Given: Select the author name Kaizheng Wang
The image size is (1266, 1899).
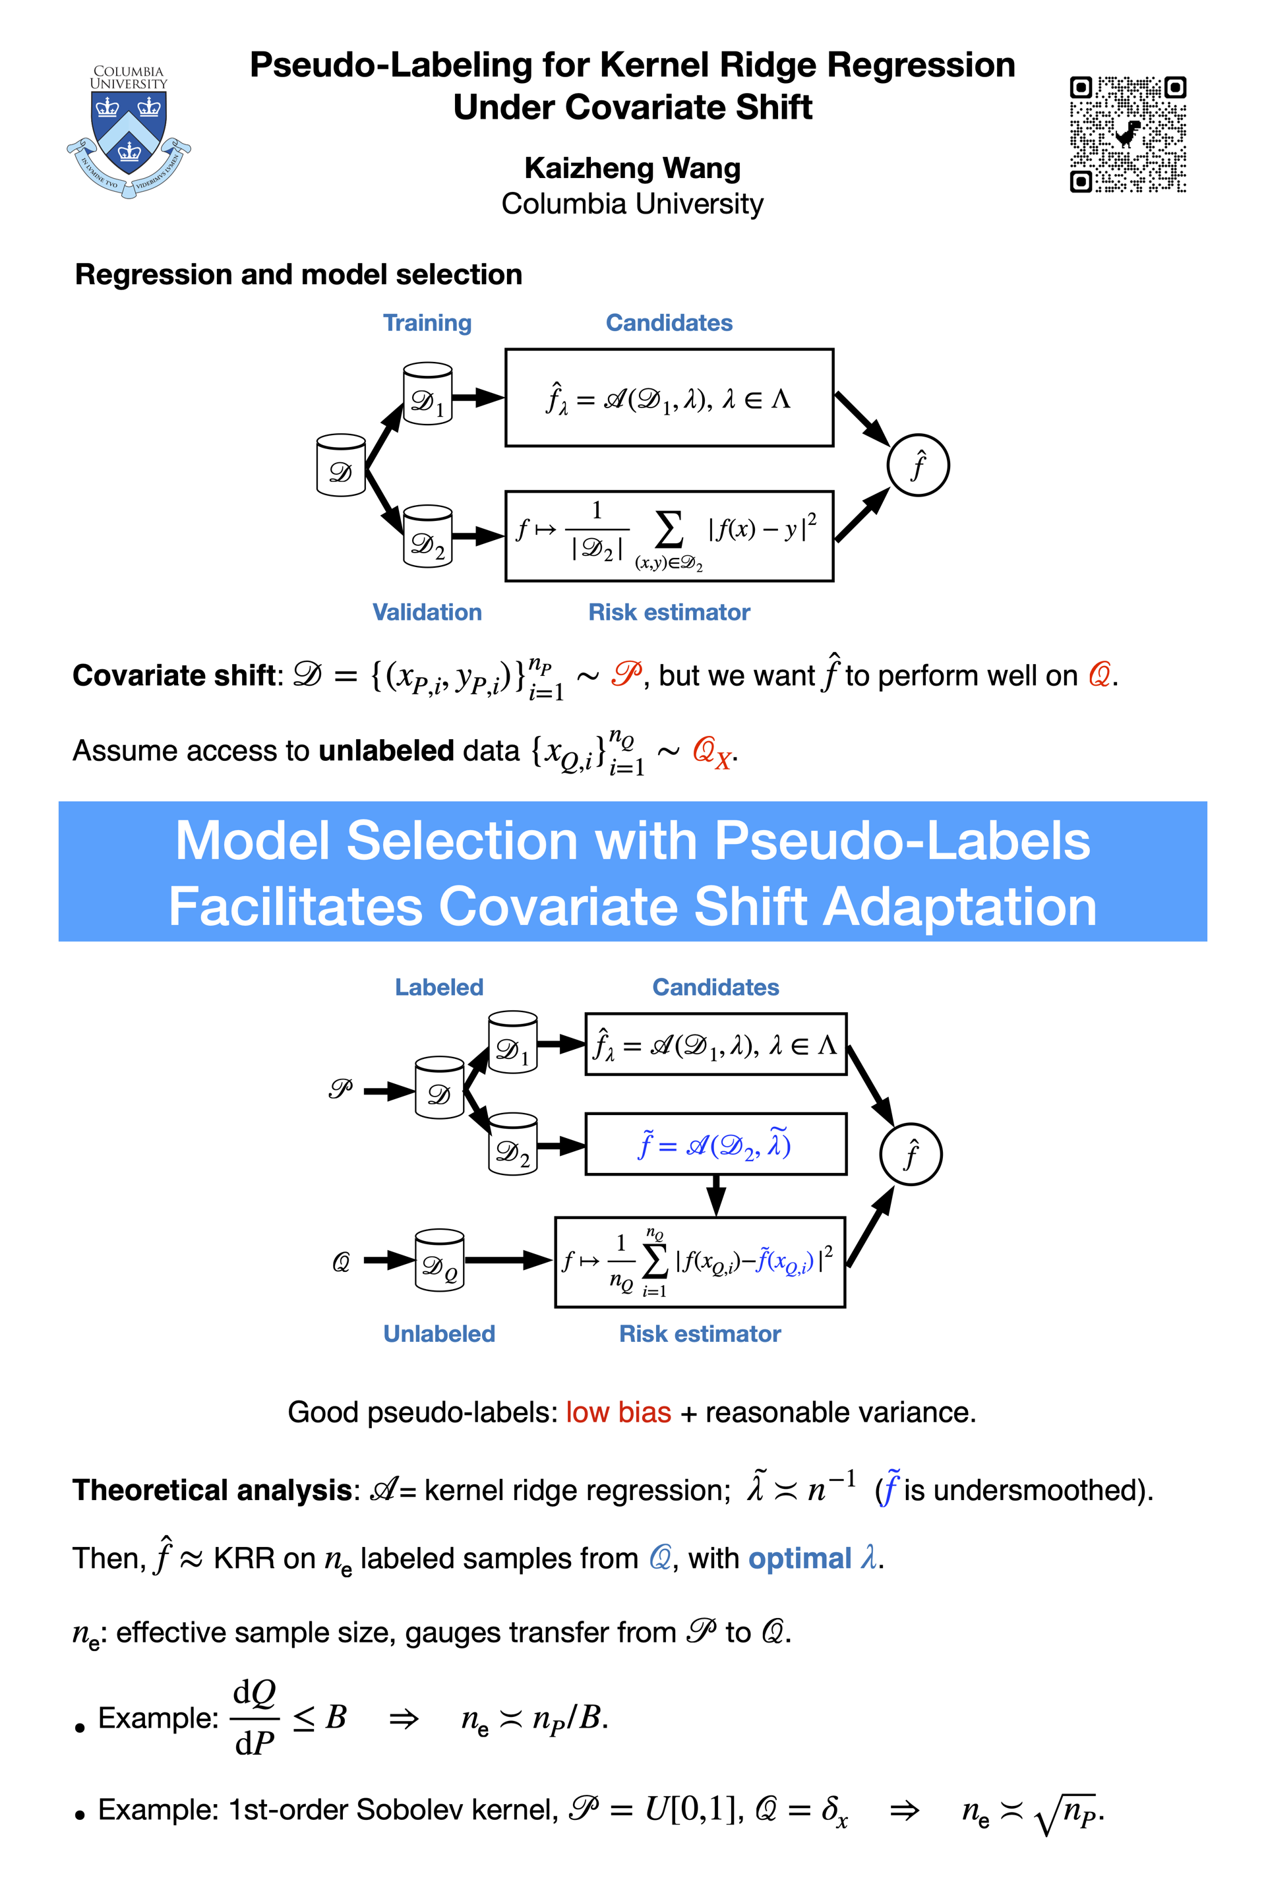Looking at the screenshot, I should [x=632, y=168].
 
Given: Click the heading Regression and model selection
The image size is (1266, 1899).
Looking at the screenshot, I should [x=298, y=274].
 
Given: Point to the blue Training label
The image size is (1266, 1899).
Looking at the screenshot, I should [x=427, y=323].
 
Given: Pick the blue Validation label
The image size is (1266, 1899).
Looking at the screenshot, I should [x=427, y=612].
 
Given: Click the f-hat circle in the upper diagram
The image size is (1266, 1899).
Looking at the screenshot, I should [x=917, y=466].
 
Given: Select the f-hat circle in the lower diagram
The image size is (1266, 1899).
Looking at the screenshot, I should [x=911, y=1154].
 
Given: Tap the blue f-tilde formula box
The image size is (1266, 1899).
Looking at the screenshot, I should [x=715, y=1144].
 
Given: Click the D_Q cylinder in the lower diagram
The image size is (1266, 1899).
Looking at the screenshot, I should [x=439, y=1260].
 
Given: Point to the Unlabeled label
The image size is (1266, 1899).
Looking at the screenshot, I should [x=438, y=1334].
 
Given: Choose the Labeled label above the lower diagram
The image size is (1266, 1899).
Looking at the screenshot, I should [x=438, y=988].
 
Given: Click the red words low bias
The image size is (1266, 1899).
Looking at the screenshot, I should [x=618, y=1412].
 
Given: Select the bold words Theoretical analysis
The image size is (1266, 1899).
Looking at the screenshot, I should [x=212, y=1490].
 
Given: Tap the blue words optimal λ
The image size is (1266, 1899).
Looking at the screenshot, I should [x=812, y=1558].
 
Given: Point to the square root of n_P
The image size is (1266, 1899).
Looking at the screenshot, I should [x=1068, y=1813].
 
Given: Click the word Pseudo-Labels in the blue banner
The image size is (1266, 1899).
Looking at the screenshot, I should [x=902, y=841].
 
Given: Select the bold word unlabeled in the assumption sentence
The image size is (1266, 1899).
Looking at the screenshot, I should [x=386, y=751].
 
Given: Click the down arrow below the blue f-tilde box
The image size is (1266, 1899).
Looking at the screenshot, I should [x=715, y=1195].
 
